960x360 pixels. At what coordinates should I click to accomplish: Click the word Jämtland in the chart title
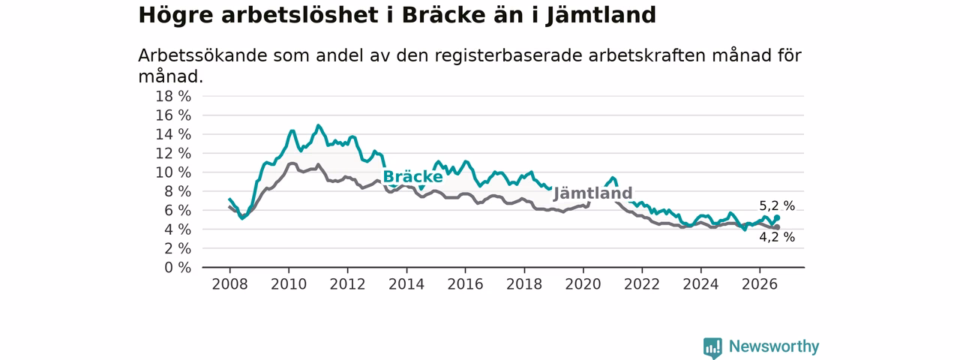(x=601, y=16)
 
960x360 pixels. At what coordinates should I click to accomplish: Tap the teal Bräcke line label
(x=412, y=176)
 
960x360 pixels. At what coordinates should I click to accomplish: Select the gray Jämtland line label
(x=592, y=193)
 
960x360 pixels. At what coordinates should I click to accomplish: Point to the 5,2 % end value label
(x=777, y=206)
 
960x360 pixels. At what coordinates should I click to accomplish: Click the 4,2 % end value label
(x=777, y=237)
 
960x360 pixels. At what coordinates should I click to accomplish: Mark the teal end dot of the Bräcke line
(x=777, y=217)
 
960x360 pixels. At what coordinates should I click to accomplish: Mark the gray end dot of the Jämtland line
(x=777, y=227)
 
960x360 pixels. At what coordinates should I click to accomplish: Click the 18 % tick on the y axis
(x=173, y=97)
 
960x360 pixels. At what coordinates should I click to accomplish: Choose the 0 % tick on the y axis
(x=178, y=268)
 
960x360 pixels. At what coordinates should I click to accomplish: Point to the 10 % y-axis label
(x=173, y=172)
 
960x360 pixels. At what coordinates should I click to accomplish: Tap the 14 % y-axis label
(x=173, y=134)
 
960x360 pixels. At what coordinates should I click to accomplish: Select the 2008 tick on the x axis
(x=229, y=284)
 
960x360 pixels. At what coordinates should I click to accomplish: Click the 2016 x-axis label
(x=466, y=284)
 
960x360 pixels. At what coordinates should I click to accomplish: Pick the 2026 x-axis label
(x=760, y=284)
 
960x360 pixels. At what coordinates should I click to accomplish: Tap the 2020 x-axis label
(x=583, y=284)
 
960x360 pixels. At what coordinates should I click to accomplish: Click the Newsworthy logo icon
(x=712, y=347)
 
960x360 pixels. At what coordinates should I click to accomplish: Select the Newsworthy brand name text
(x=774, y=346)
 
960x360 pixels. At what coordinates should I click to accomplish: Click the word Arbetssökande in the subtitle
(x=202, y=55)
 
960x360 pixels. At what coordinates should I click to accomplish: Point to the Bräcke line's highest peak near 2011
(x=318, y=125)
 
